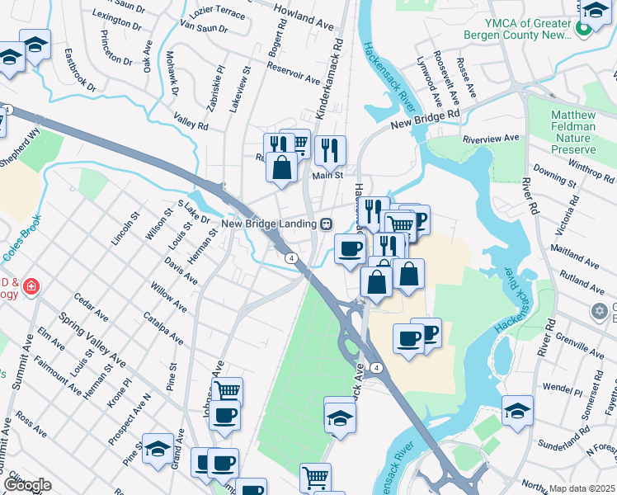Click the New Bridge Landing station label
pyautogui.click(x=268, y=224)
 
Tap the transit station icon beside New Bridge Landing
pyautogui.click(x=327, y=224)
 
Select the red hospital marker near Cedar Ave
pyautogui.click(x=31, y=287)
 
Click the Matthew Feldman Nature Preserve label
pyautogui.click(x=573, y=127)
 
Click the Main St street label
pyautogui.click(x=327, y=175)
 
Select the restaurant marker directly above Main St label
pyautogui.click(x=329, y=149)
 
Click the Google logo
pyautogui.click(x=26, y=485)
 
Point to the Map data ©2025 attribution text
pyautogui.click(x=582, y=488)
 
